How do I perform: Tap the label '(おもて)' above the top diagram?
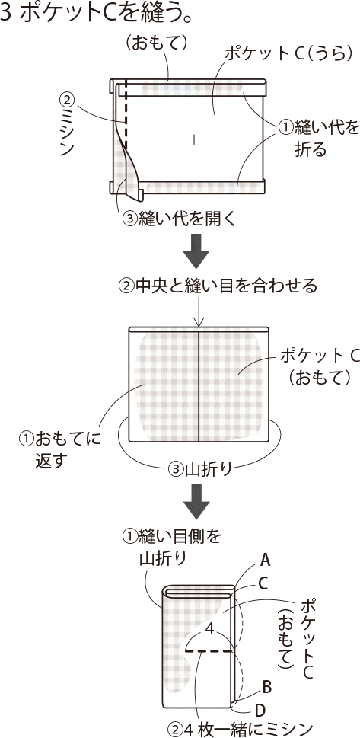[x=157, y=43]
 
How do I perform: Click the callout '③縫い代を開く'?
[x=178, y=219]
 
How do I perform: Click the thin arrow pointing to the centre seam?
[x=199, y=310]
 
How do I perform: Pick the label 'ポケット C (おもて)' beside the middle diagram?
[x=320, y=366]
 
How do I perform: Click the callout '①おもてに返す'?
[x=61, y=449]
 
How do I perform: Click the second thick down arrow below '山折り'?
[x=196, y=500]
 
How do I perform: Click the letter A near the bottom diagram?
[x=266, y=560]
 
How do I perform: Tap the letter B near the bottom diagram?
[x=267, y=687]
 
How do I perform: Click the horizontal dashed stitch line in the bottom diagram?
[x=209, y=651]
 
